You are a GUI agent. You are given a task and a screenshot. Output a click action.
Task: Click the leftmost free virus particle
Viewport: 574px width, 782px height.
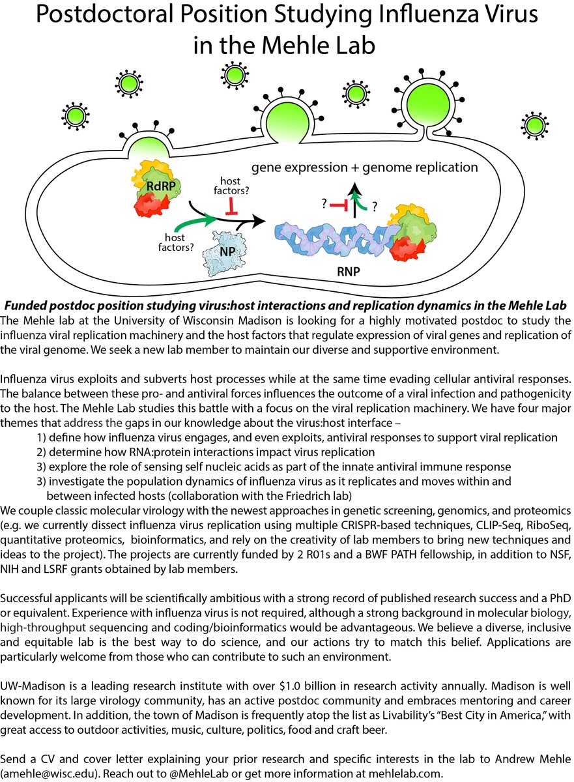76,116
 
